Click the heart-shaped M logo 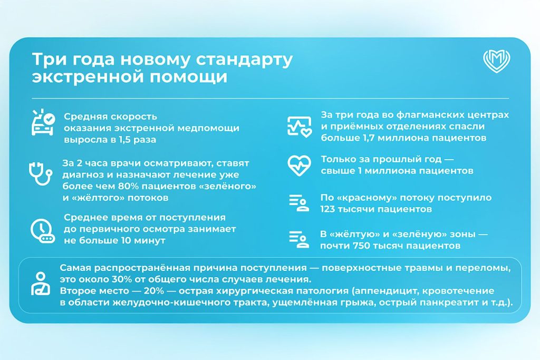point(496,61)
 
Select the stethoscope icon point(40,173)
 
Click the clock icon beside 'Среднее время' point(42,230)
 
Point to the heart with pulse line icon point(300,166)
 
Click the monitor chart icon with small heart point(300,127)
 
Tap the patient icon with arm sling point(41,284)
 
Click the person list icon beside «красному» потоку point(299,203)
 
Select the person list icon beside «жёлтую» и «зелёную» point(299,239)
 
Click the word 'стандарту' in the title point(244,59)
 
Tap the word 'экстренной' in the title point(88,76)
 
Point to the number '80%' point(129,186)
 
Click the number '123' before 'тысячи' point(327,209)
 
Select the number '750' point(362,246)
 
